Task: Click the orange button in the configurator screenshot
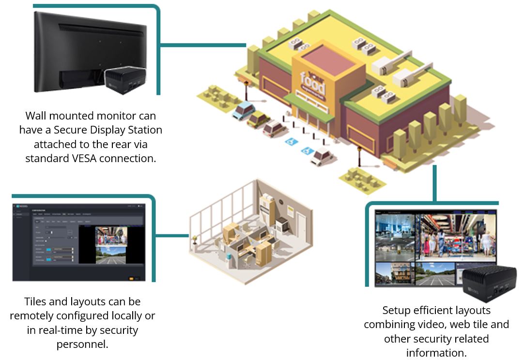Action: pos(130,278)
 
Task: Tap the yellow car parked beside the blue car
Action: pos(258,119)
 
